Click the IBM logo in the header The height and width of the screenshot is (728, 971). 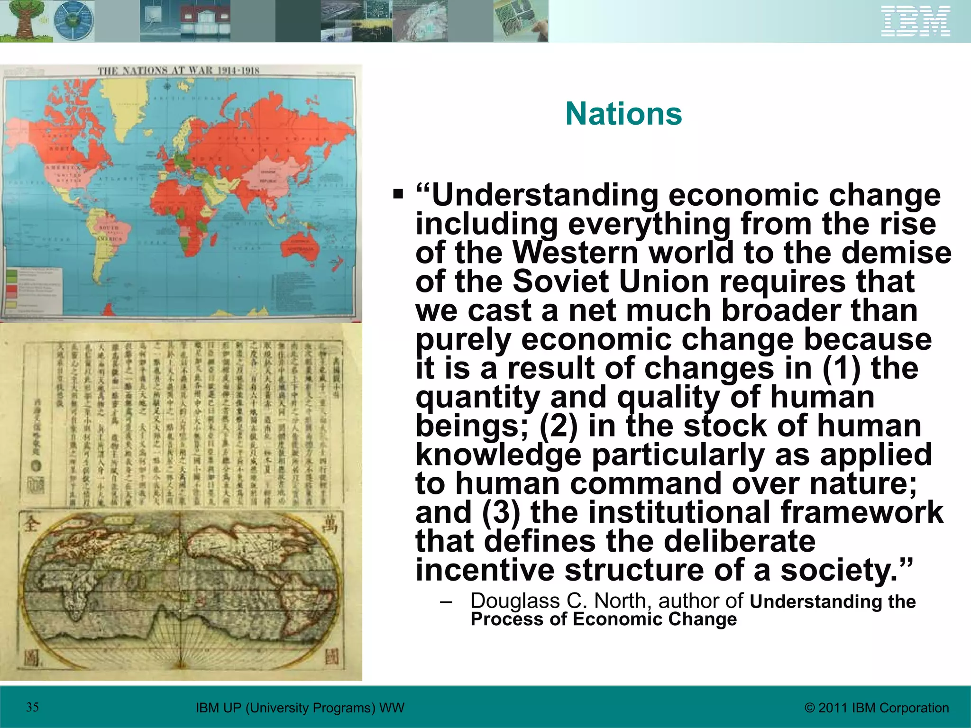click(x=916, y=21)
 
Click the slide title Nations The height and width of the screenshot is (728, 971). click(x=623, y=114)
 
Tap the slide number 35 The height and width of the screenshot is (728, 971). click(x=32, y=708)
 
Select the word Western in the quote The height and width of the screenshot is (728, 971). click(x=576, y=252)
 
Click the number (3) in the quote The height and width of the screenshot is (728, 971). click(x=501, y=512)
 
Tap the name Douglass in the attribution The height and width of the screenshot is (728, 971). click(x=515, y=601)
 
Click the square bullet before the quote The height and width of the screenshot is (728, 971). click(x=398, y=194)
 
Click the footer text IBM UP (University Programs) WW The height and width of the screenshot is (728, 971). click(x=300, y=708)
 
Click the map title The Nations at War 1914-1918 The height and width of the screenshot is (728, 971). click(x=179, y=71)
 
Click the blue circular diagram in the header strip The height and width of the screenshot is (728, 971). click(x=73, y=21)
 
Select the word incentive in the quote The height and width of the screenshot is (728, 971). click(x=485, y=570)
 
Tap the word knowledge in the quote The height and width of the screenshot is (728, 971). click(x=498, y=455)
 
